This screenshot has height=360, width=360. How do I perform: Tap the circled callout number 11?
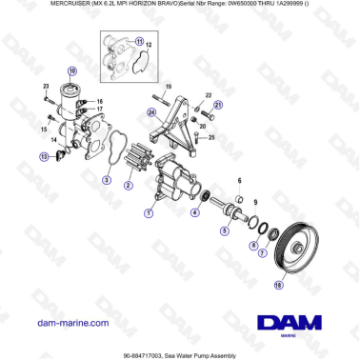tap(139, 42)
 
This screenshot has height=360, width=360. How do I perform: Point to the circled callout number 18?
tap(278, 284)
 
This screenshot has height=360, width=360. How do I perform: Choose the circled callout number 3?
tap(107, 178)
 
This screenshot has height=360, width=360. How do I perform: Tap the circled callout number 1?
tap(147, 213)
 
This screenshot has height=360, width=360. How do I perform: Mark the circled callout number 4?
tap(194, 213)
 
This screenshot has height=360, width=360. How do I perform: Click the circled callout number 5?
tap(225, 230)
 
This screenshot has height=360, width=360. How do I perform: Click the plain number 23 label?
tap(46, 87)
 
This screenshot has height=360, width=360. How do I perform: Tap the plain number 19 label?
tap(168, 86)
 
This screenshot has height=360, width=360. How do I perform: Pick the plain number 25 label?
tap(211, 137)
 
